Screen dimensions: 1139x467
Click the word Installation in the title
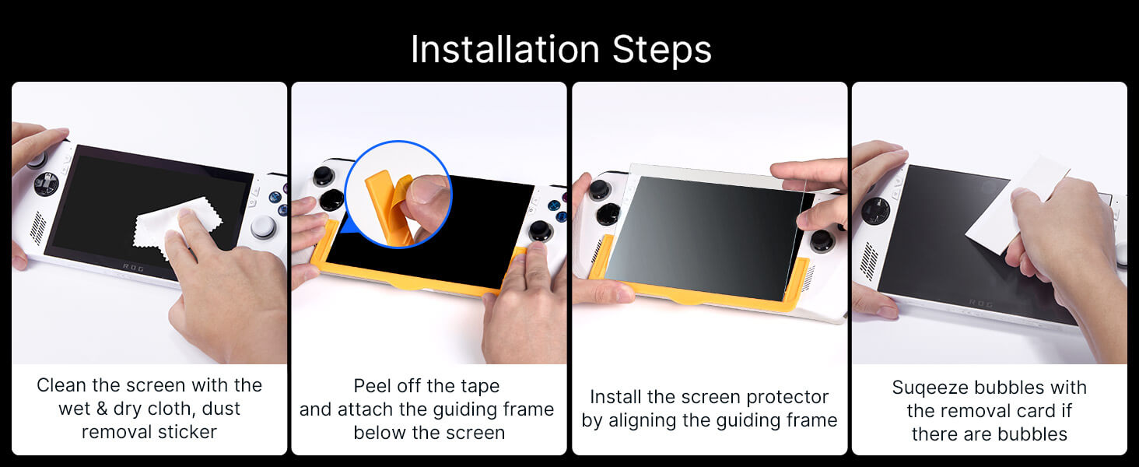coord(505,49)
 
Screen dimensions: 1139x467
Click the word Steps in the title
coord(661,51)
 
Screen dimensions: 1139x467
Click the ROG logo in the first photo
coord(133,267)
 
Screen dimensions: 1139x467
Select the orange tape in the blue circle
coord(388,206)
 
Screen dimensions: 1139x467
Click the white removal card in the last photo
coord(1016,205)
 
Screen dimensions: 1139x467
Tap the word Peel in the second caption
coord(372,385)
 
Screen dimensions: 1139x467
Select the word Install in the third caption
coord(615,397)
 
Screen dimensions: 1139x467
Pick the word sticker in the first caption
coord(187,432)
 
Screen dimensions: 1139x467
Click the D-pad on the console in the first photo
coord(46,184)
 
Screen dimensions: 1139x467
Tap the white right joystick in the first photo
coord(264,226)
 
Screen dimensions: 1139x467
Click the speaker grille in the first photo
coord(38,228)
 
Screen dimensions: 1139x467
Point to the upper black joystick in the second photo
coord(324,176)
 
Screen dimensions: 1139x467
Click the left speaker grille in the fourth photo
coord(868,262)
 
